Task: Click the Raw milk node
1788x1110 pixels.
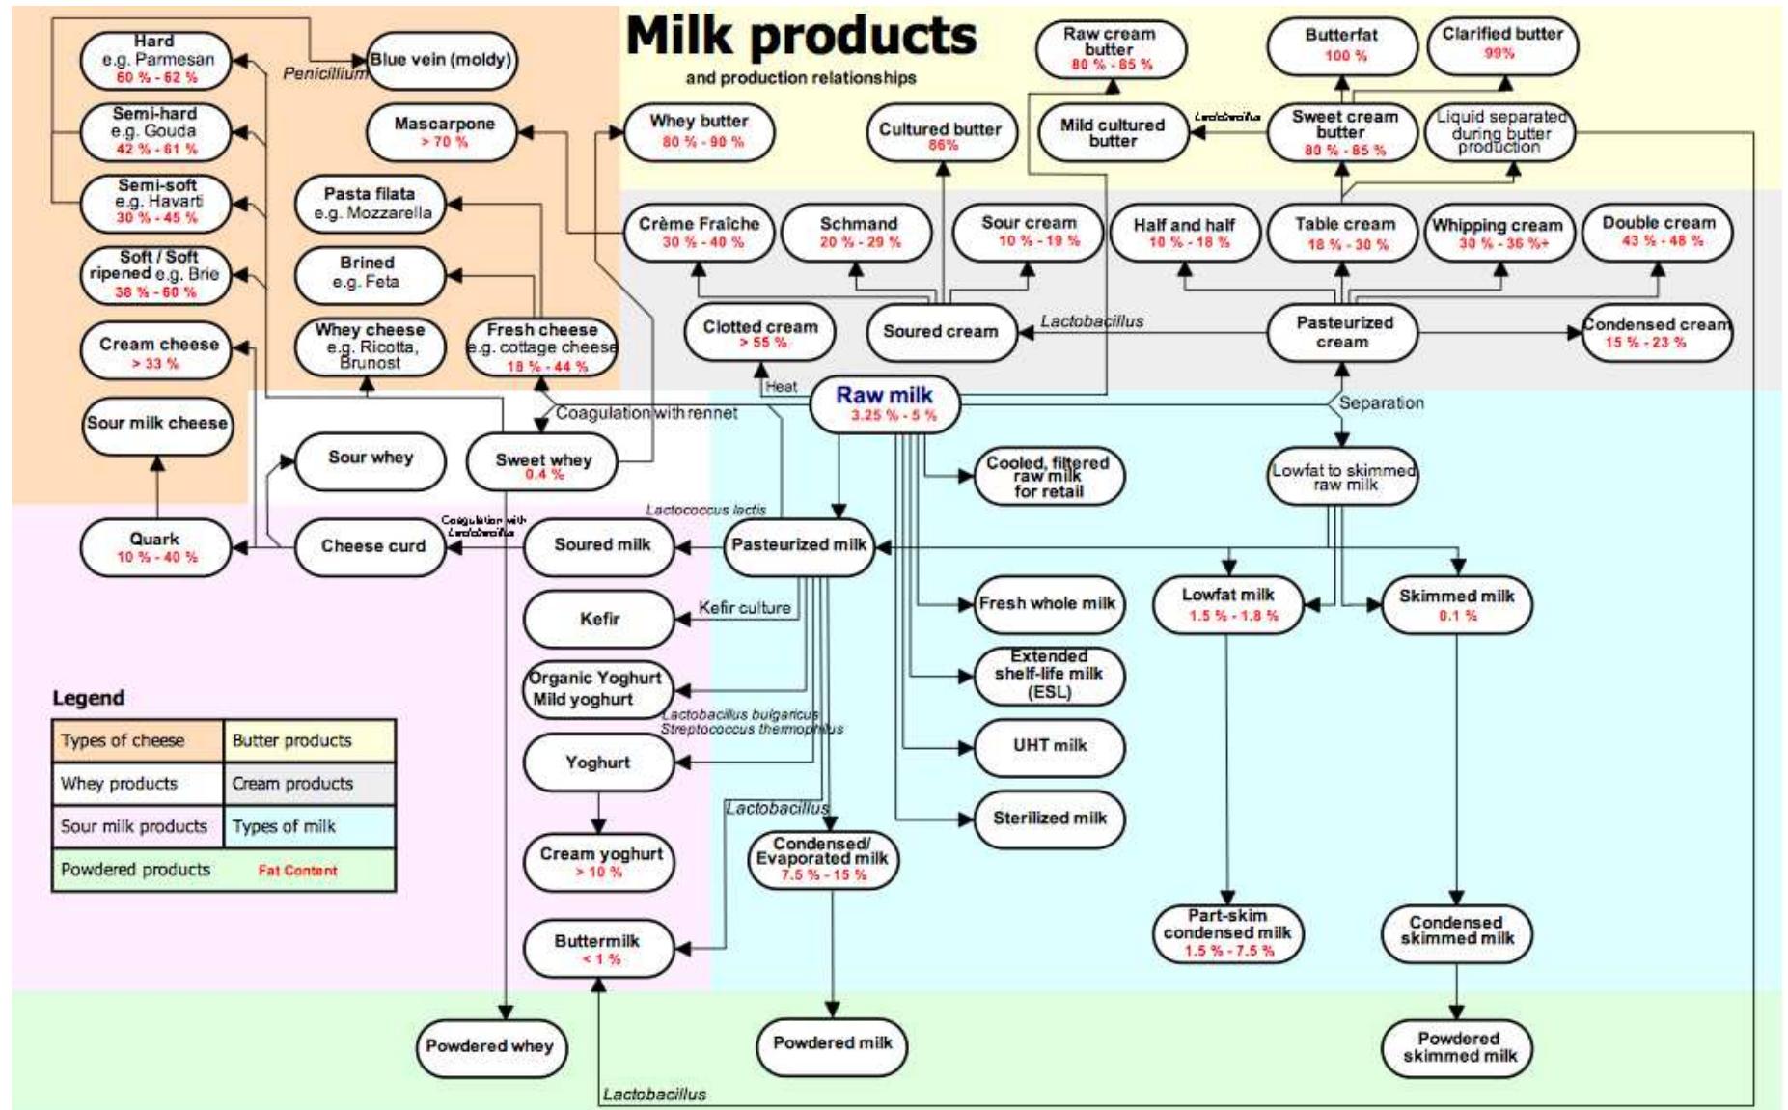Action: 885,403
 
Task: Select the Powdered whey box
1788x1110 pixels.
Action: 489,1046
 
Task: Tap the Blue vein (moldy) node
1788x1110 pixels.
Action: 441,60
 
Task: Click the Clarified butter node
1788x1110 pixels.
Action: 1501,43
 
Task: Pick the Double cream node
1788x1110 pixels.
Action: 1658,231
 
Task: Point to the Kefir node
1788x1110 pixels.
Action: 599,619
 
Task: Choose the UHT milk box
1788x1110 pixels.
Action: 1049,746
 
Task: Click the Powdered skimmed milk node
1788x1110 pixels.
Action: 1458,1047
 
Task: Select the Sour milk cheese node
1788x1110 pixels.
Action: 157,424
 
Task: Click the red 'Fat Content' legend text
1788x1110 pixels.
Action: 297,871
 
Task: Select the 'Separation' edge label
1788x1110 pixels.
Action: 1381,402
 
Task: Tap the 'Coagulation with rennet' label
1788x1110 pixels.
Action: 646,413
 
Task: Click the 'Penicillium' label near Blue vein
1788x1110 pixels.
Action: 324,73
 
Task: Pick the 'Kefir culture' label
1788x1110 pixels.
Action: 744,608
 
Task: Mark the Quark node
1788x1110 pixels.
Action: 155,547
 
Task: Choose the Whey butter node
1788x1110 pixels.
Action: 699,131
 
